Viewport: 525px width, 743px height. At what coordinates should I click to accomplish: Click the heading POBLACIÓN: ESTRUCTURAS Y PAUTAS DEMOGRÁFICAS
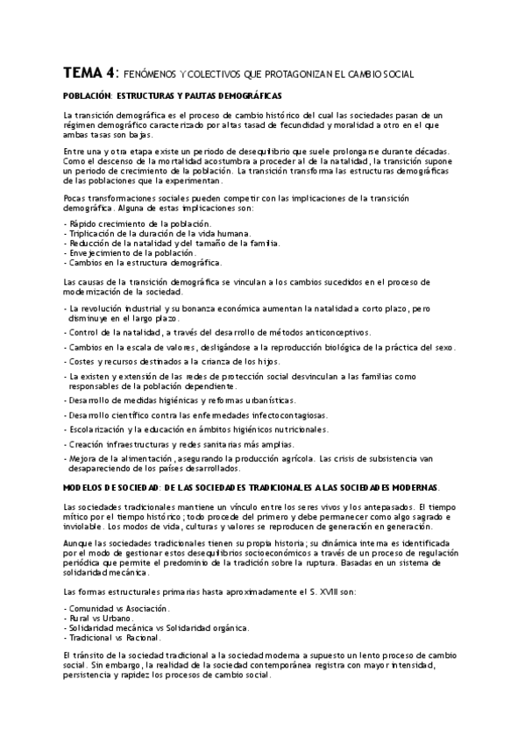click(173, 96)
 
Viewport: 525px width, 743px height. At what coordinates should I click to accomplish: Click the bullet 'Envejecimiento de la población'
click(131, 252)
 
